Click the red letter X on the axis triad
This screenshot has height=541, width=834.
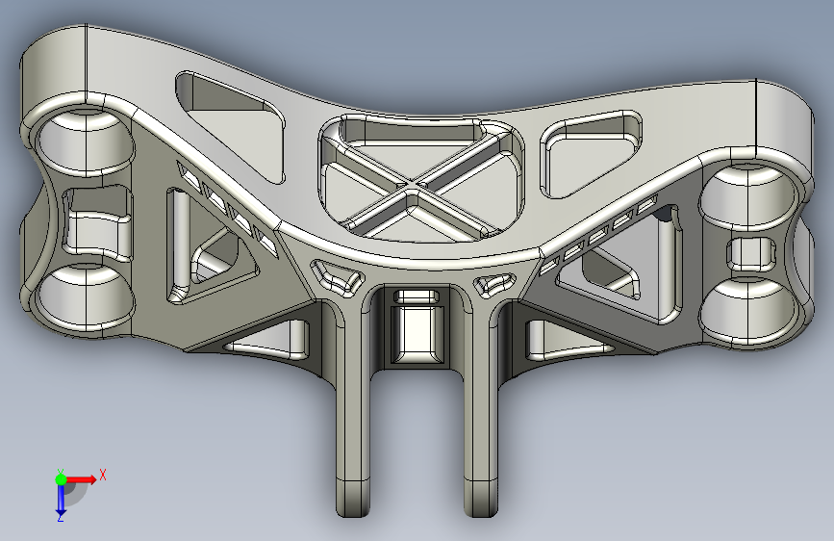[103, 475]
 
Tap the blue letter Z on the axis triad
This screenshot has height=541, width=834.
[61, 517]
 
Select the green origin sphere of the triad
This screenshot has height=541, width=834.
[62, 479]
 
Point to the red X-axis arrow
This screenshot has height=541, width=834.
[81, 479]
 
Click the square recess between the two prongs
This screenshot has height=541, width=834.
[417, 334]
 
